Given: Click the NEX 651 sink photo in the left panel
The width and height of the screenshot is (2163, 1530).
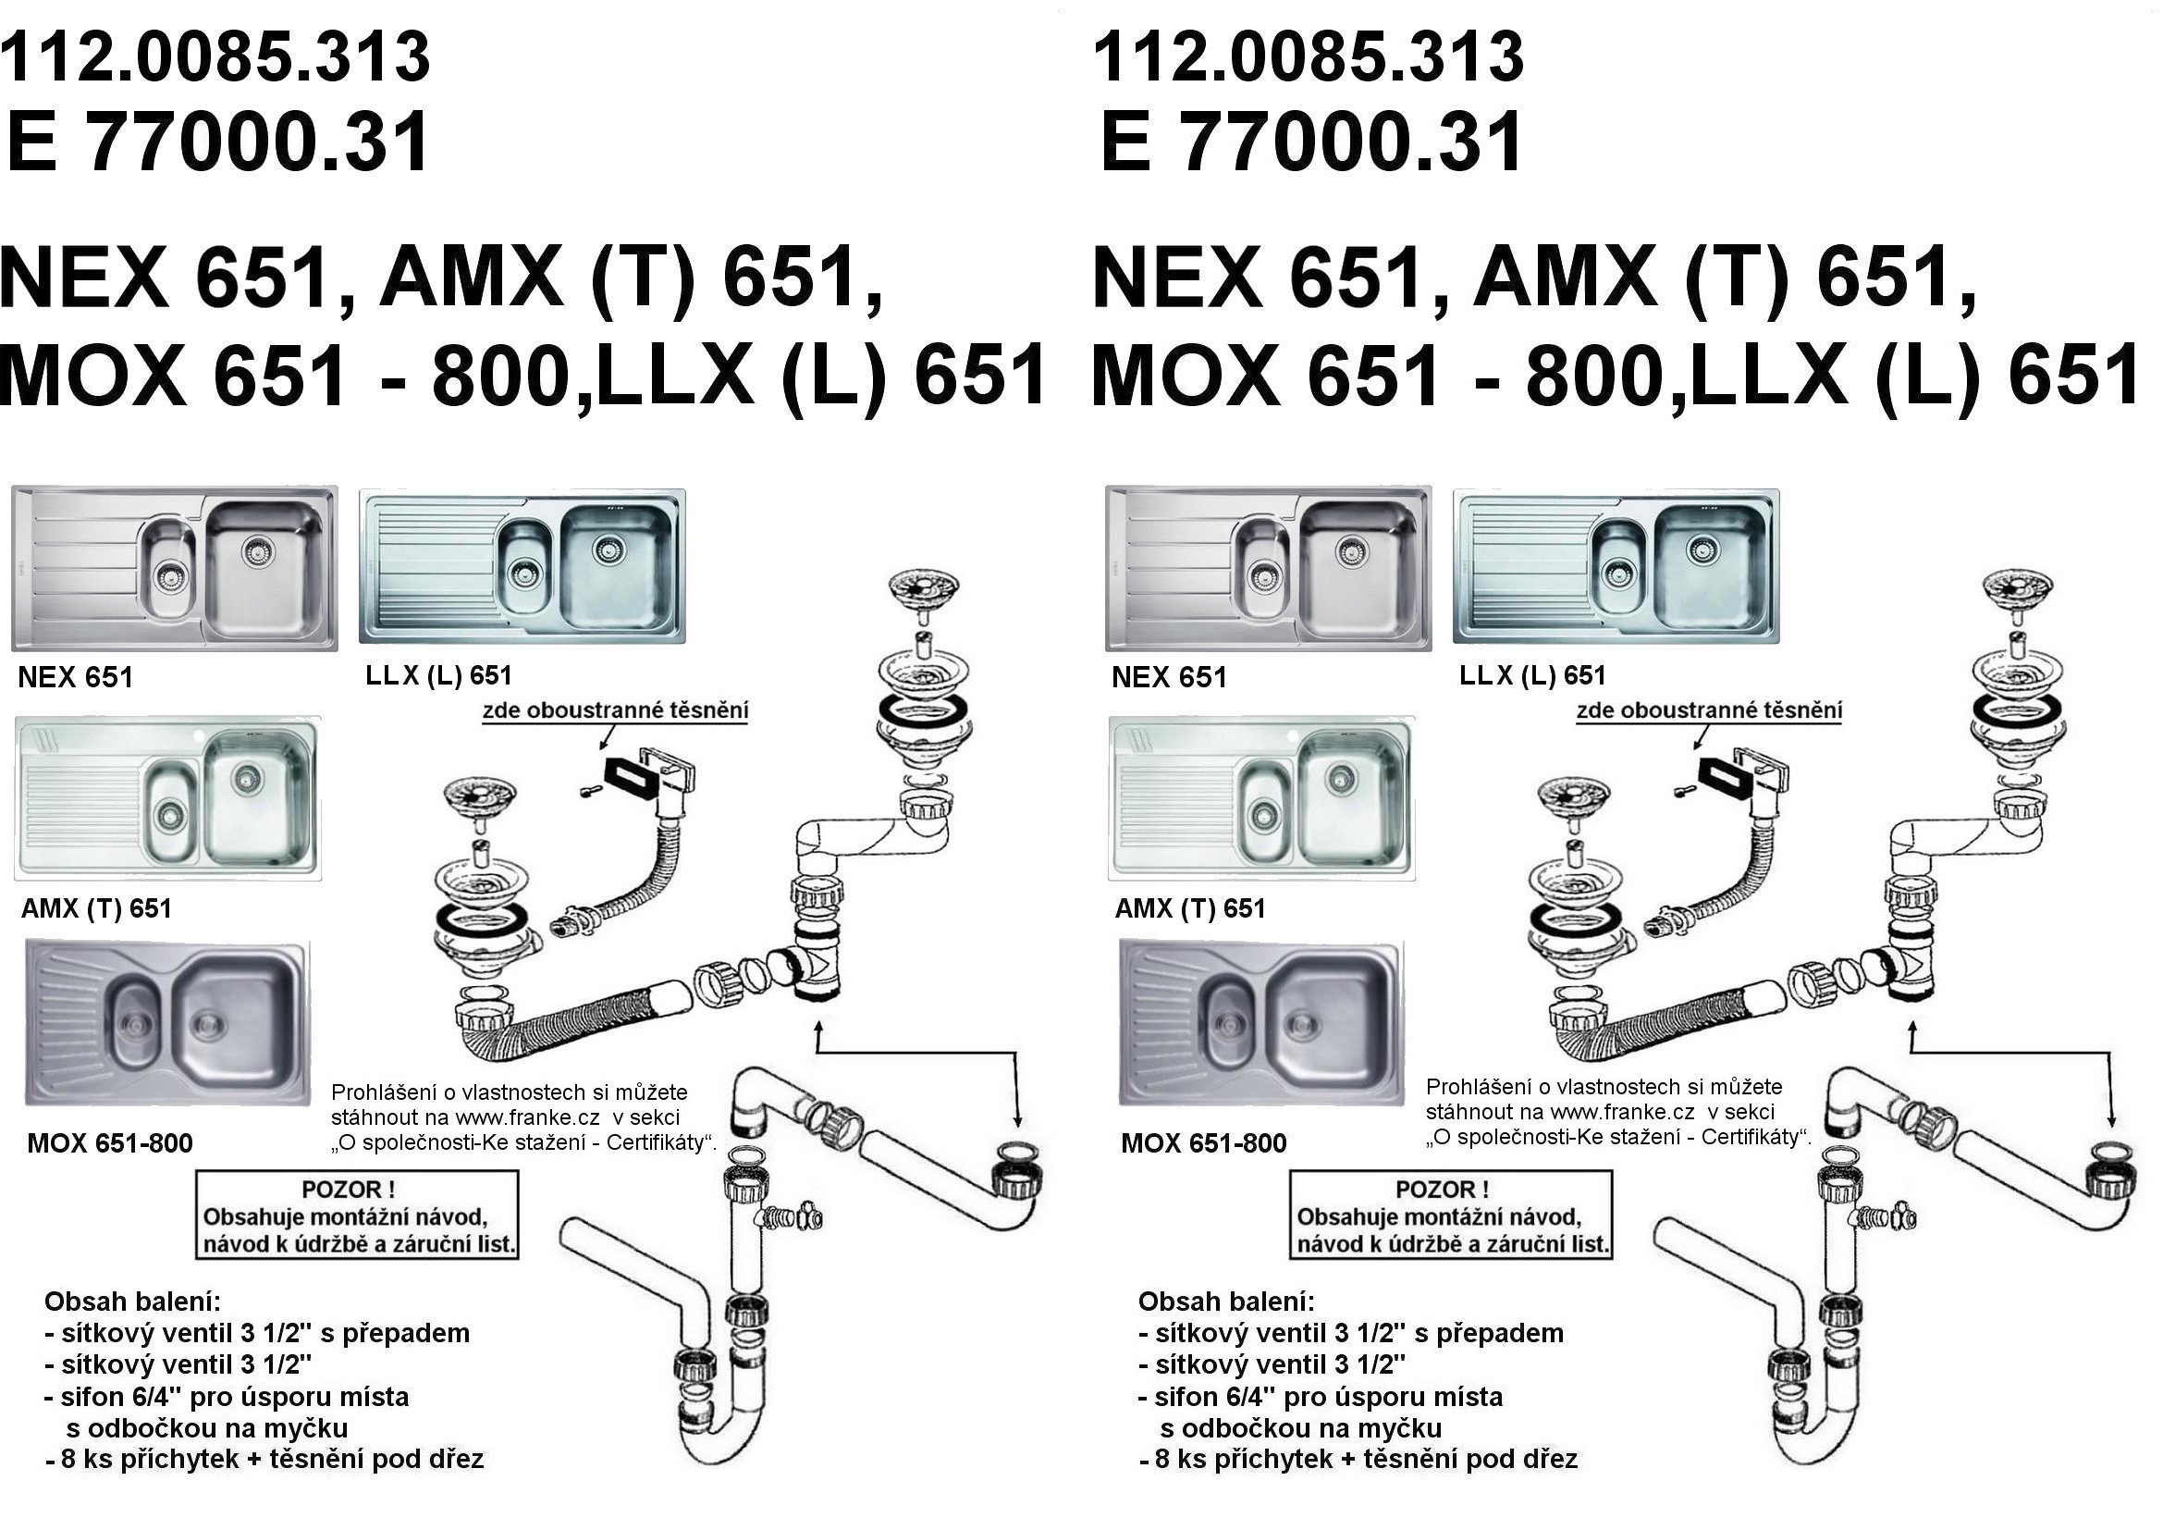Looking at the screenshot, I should (174, 568).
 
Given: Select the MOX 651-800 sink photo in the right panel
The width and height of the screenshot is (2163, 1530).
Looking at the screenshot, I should (1260, 1023).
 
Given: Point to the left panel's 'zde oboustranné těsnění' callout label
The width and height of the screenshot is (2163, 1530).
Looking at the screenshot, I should (615, 710).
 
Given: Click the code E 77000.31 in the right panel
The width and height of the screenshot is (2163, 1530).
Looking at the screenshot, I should (1310, 142).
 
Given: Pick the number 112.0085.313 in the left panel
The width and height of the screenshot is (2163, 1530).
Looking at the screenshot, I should (215, 56).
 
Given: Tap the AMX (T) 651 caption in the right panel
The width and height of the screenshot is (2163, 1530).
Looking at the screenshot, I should (1190, 908).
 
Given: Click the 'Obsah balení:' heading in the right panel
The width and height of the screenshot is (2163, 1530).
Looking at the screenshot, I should (1225, 1302).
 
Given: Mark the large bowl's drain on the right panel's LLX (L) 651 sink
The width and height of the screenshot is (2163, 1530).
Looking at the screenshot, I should (1702, 549).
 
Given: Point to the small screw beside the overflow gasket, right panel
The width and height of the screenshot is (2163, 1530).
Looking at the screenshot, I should (1683, 789).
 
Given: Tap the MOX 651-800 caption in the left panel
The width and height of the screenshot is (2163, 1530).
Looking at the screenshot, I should (109, 1142).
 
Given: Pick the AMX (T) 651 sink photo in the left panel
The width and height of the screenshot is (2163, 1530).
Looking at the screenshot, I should (167, 798).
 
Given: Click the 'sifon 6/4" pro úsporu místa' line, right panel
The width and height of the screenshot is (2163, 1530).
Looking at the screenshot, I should (1321, 1396).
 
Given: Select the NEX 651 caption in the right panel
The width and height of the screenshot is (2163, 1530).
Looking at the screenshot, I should (1169, 676).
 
